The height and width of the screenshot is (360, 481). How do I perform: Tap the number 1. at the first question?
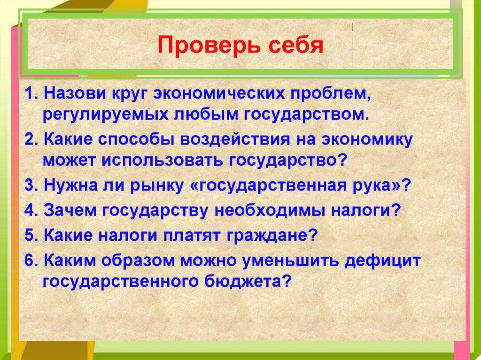pyautogui.click(x=31, y=94)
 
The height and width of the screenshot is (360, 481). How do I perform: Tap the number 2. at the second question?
pyautogui.click(x=31, y=139)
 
